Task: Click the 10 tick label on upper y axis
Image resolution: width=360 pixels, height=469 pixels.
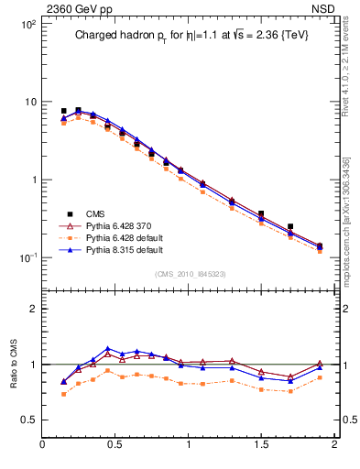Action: tap(29, 102)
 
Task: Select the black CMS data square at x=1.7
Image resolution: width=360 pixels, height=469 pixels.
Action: tap(290, 226)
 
